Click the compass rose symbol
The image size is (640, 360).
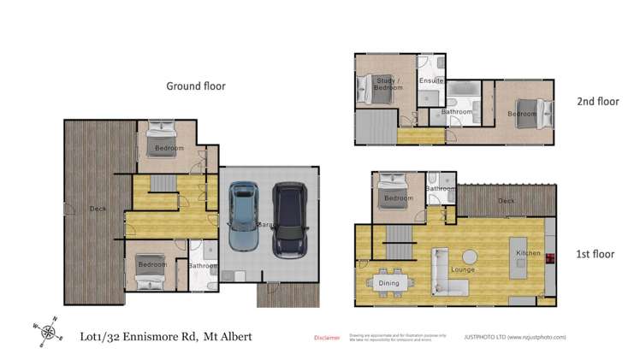click(x=47, y=331)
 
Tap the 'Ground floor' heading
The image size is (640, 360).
click(x=194, y=86)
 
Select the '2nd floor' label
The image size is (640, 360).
click(x=597, y=101)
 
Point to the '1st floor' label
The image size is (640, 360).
click(x=596, y=254)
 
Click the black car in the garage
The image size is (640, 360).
click(x=289, y=220)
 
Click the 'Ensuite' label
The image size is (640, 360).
click(x=431, y=80)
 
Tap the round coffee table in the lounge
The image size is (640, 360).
click(x=470, y=256)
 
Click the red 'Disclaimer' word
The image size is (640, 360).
click(x=328, y=338)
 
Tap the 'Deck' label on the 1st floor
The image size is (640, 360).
click(x=507, y=202)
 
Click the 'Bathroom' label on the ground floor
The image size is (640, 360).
click(x=203, y=265)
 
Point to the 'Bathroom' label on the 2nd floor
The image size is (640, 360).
click(x=457, y=112)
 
